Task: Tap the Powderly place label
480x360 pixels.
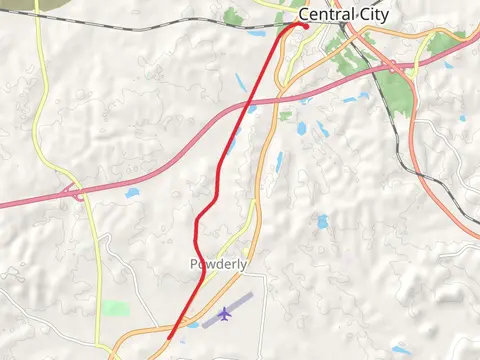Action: (218, 265)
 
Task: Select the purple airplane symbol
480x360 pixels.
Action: (224, 314)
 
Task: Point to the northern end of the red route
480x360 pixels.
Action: (303, 24)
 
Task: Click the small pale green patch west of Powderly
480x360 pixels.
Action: (116, 309)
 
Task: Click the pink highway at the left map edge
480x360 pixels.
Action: (4, 204)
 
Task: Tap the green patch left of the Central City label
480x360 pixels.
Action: (233, 16)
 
